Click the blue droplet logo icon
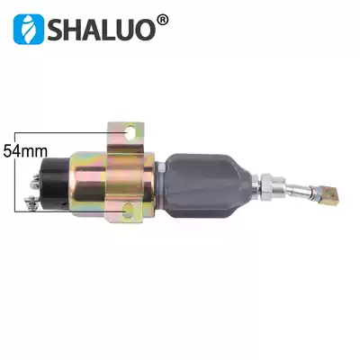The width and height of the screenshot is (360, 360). click(29, 29)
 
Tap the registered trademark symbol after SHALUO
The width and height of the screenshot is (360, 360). click(161, 18)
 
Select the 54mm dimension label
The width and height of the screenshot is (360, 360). click(24, 151)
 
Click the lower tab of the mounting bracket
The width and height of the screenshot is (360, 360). click(126, 212)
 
